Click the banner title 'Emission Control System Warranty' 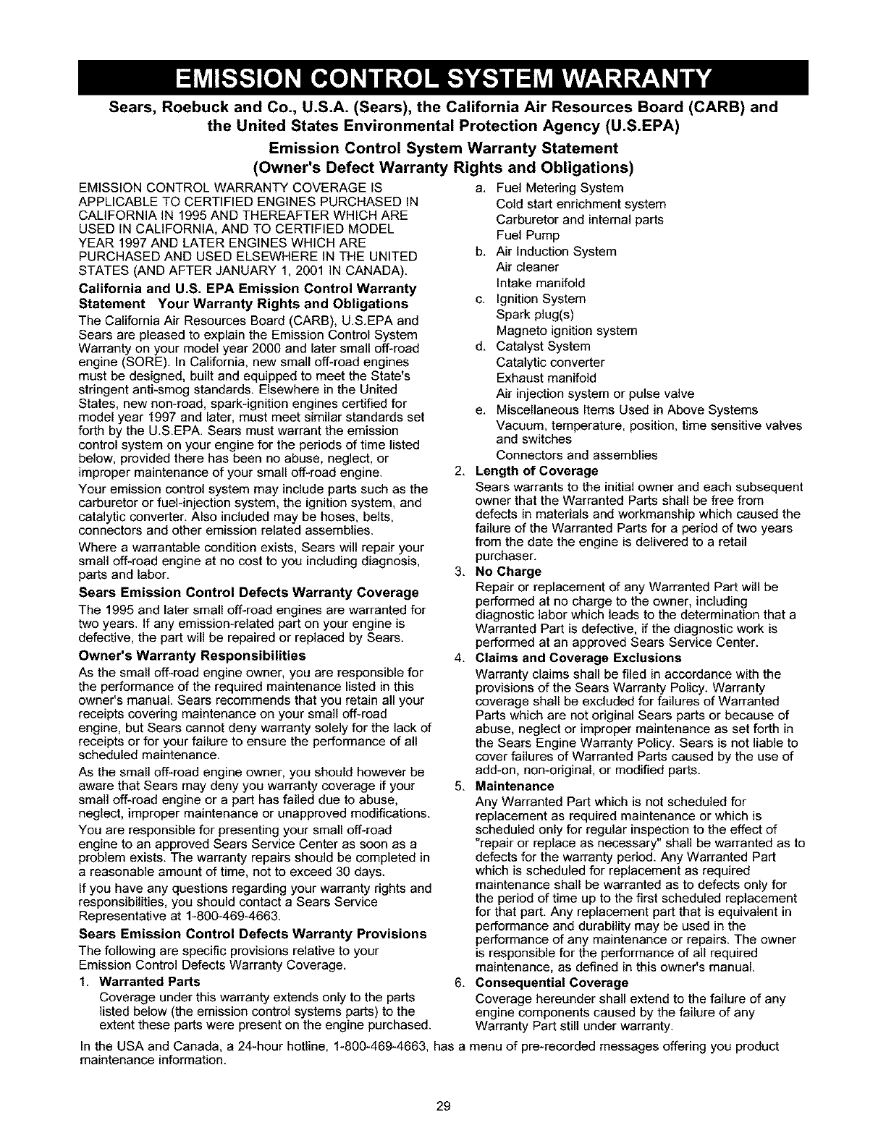(x=442, y=75)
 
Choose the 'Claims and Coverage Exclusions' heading (x=578, y=658)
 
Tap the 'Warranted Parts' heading (x=149, y=982)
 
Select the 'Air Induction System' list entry (x=556, y=252)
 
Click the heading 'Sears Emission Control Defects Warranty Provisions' (x=252, y=934)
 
